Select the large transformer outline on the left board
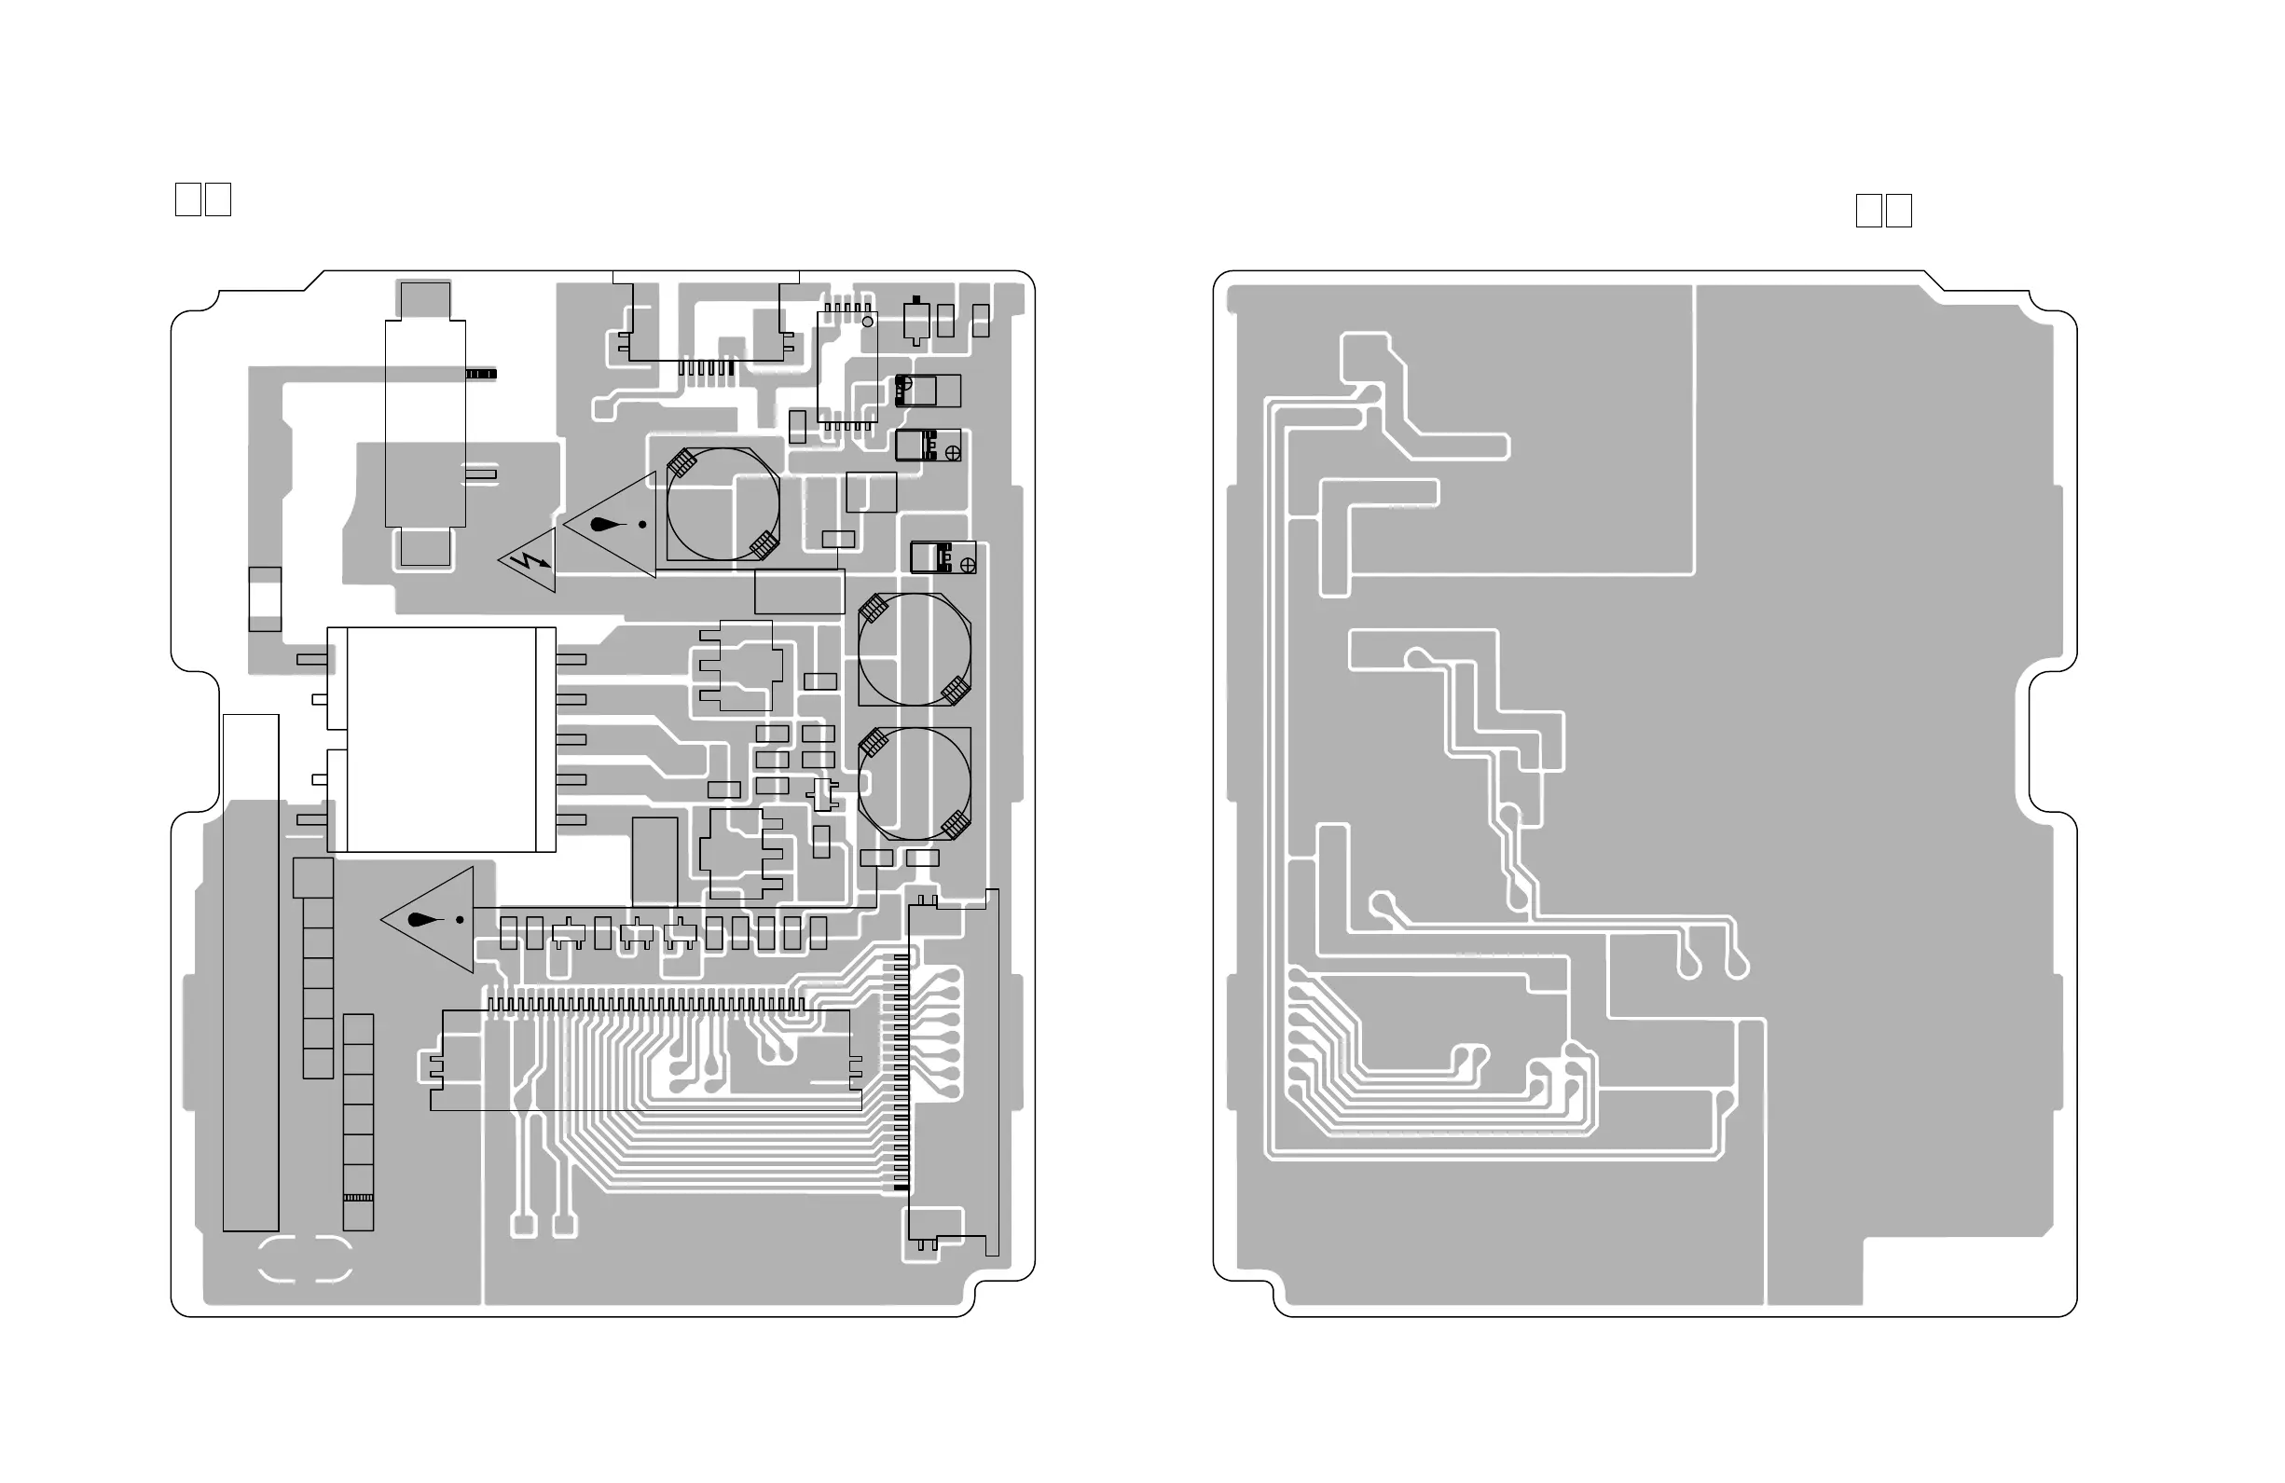click(441, 739)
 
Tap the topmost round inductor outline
click(723, 504)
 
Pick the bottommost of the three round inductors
click(914, 783)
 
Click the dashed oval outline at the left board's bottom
click(305, 1259)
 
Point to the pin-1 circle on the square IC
click(868, 322)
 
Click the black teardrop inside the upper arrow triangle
click(604, 525)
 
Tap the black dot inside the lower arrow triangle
click(460, 920)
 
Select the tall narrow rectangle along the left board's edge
click(251, 971)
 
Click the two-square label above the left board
click(202, 199)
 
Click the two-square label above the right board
click(1884, 212)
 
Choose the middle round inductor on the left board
click(914, 650)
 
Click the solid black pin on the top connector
click(731, 368)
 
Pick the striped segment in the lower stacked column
click(358, 1198)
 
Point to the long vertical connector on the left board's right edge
click(954, 1072)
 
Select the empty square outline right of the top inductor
click(871, 492)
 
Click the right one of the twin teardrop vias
click(1737, 964)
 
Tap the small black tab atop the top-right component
click(916, 300)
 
